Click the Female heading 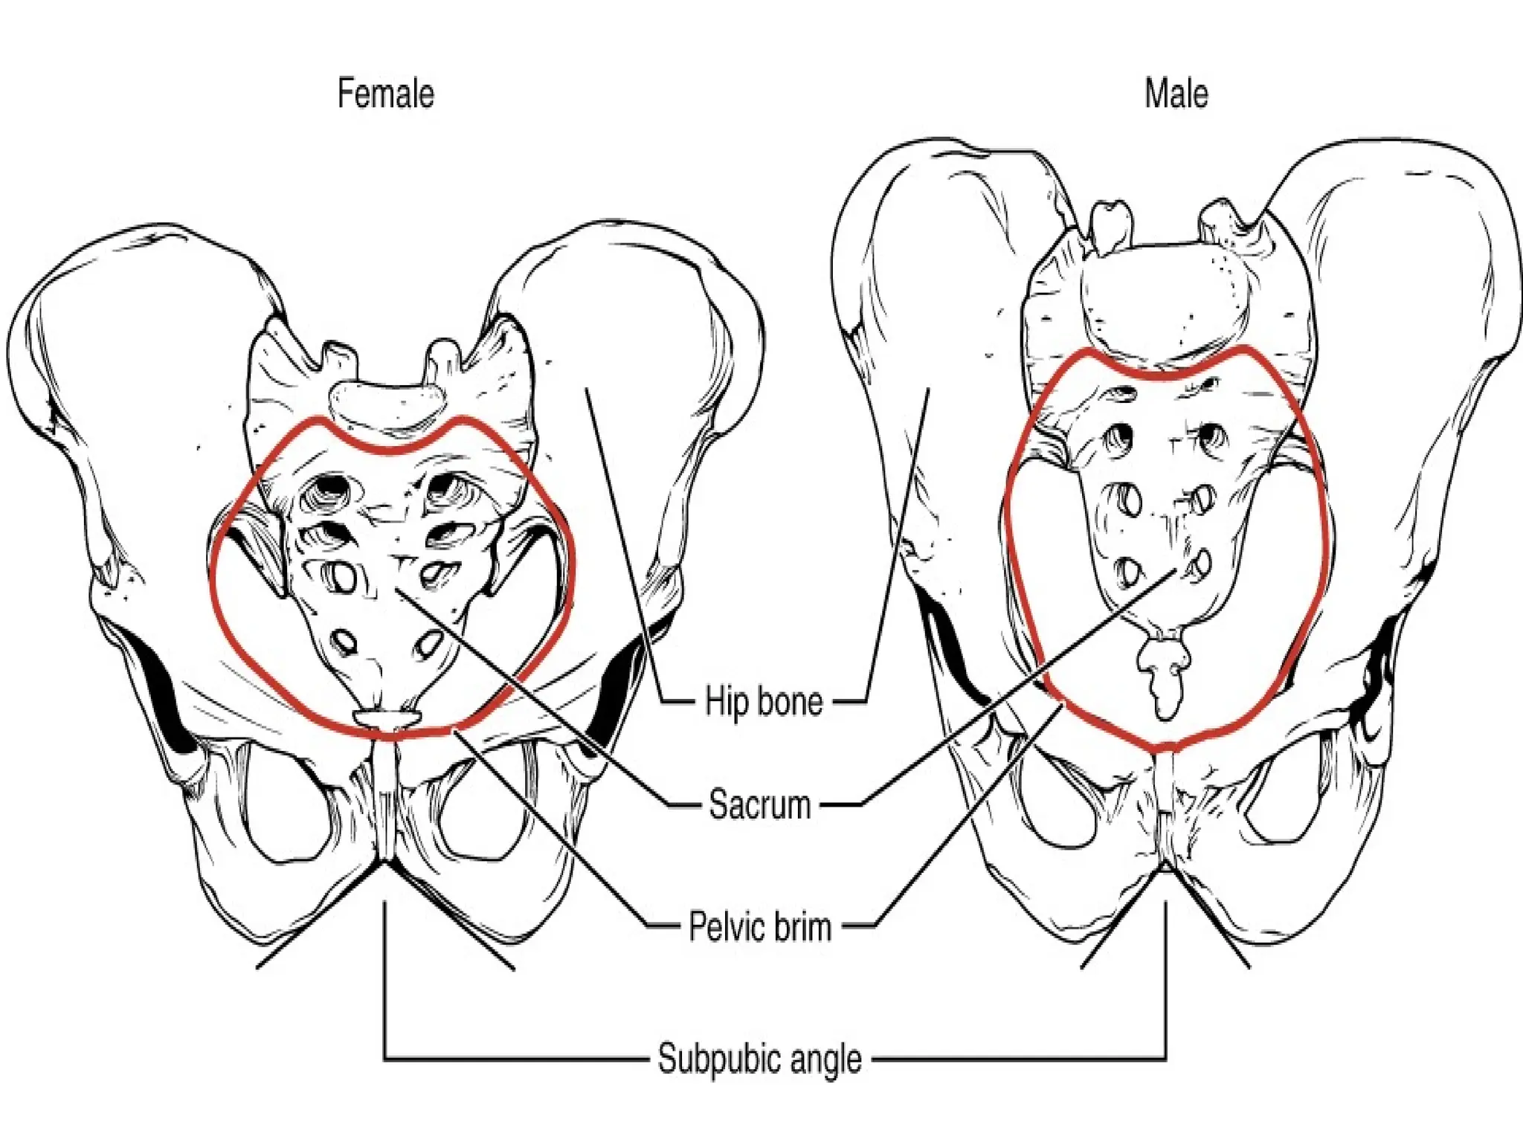385,94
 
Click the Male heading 1176,94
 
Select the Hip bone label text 764,702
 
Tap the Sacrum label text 759,804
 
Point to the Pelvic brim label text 759,927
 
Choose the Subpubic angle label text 759,1058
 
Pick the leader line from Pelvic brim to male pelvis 967,818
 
